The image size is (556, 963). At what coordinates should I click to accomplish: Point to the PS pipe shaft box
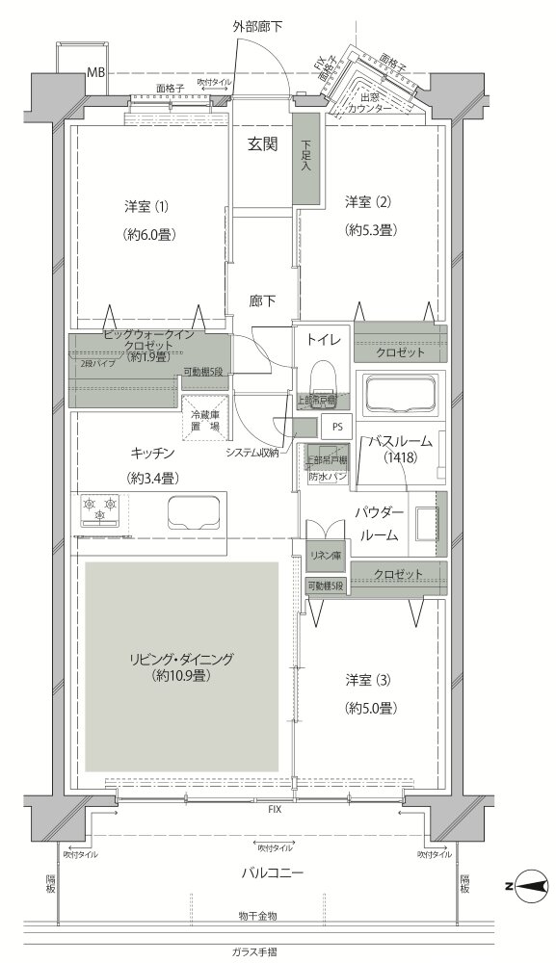click(x=336, y=426)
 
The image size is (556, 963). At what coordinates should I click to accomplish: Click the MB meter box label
click(x=96, y=72)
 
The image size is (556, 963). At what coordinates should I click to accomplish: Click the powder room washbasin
click(x=424, y=524)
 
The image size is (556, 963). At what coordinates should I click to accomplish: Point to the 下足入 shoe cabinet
click(x=305, y=158)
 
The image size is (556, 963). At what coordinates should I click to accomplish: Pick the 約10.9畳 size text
click(x=182, y=676)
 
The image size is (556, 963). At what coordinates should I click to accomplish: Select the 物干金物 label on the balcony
click(x=257, y=915)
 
